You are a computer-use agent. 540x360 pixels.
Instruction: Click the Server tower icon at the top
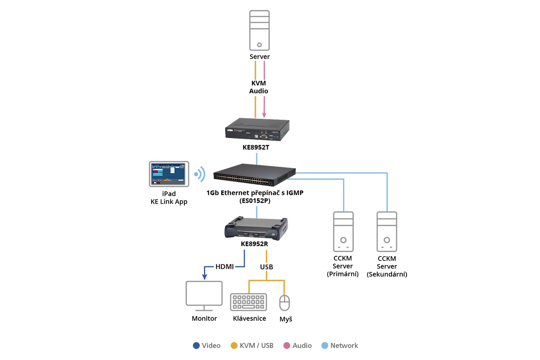pyautogui.click(x=259, y=30)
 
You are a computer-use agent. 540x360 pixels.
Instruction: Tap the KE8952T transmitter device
pyautogui.click(x=257, y=130)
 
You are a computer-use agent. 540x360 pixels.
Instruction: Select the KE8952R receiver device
pyautogui.click(x=256, y=228)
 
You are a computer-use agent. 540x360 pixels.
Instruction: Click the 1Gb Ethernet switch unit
pyautogui.click(x=254, y=174)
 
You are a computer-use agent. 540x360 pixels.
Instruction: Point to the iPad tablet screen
pyautogui.click(x=169, y=174)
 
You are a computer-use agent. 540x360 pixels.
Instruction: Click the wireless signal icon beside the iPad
pyautogui.click(x=200, y=174)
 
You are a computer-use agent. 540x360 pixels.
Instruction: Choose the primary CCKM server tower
pyautogui.click(x=343, y=232)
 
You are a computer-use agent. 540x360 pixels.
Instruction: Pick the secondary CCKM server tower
pyautogui.click(x=387, y=232)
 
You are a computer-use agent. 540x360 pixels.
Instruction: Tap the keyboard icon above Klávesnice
pyautogui.click(x=248, y=302)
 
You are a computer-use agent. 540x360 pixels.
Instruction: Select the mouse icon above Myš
pyautogui.click(x=285, y=303)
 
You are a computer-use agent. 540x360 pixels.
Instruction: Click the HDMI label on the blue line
pyautogui.click(x=224, y=267)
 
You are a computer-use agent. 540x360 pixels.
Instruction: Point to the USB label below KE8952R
pyautogui.click(x=267, y=267)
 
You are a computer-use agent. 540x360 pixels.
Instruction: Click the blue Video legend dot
pyautogui.click(x=196, y=346)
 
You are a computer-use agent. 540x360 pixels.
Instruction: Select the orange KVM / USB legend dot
pyautogui.click(x=234, y=346)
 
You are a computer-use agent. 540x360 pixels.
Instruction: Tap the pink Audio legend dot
pyautogui.click(x=287, y=346)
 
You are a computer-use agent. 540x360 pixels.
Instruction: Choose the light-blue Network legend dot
pyautogui.click(x=325, y=346)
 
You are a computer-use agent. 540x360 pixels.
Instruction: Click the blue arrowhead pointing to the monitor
pyautogui.click(x=205, y=277)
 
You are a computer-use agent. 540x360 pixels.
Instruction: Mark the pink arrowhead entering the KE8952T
pyautogui.click(x=264, y=115)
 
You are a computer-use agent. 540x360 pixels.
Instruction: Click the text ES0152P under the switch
pyautogui.click(x=255, y=201)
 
